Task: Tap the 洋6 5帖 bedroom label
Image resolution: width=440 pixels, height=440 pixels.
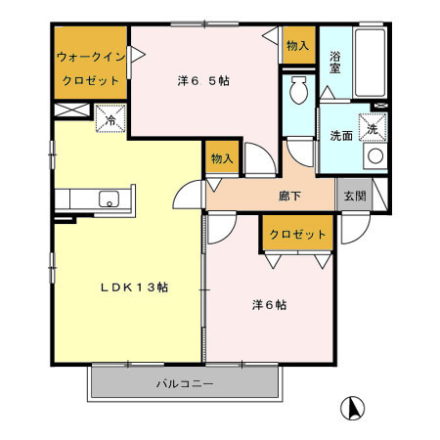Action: point(203,81)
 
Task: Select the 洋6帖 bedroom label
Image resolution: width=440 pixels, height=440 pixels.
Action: point(264,304)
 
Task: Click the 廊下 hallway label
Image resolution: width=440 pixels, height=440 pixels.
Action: point(288,197)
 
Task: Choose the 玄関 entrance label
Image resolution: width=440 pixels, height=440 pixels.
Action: point(352,195)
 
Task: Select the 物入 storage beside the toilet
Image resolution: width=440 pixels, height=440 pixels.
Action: point(297,46)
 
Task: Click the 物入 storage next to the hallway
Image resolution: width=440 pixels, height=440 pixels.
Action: point(222,158)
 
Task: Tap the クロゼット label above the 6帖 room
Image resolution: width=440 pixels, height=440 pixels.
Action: point(297,235)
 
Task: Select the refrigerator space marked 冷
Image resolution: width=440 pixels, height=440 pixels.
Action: point(110,121)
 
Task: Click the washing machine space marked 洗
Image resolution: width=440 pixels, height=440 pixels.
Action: point(374,126)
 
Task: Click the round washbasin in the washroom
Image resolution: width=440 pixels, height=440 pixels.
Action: point(374,155)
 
